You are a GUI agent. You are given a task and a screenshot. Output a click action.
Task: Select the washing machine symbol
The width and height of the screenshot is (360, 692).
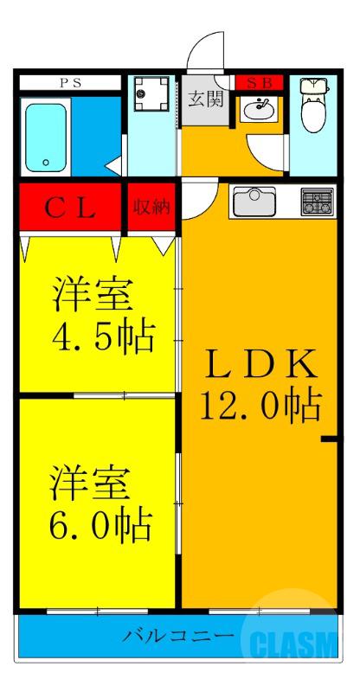click(x=152, y=95)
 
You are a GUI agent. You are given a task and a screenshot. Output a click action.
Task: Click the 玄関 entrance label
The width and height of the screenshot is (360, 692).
click(x=205, y=97)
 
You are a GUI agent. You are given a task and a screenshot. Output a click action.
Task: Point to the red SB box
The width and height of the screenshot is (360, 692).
click(x=259, y=83)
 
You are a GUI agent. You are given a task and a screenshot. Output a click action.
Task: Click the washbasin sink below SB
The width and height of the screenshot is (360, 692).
click(x=258, y=109)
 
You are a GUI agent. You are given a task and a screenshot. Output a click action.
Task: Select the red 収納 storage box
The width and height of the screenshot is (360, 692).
click(x=152, y=208)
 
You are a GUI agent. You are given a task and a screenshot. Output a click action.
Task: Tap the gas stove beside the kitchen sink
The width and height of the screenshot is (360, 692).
click(x=317, y=202)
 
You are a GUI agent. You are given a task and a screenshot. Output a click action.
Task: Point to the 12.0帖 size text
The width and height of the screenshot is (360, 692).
click(x=260, y=404)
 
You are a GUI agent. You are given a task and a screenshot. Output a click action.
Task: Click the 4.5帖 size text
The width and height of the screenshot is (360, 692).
click(x=100, y=335)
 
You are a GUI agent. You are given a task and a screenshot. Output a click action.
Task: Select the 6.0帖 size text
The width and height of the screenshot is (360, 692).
click(x=100, y=522)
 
